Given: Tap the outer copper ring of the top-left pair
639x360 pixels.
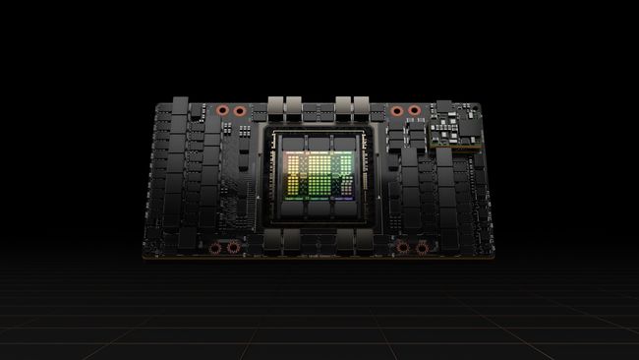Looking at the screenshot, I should pos(222,110).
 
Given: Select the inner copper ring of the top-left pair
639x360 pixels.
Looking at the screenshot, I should pos(239,110).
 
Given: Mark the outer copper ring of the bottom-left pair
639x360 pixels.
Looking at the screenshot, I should pos(218,247).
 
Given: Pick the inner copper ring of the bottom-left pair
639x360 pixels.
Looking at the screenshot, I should pos(233,247).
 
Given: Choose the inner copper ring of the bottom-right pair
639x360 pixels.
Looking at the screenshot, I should pos(404,247).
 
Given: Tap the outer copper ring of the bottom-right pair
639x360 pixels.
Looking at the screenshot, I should pos(421,247).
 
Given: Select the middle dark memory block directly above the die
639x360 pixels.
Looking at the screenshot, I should pos(319,142).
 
